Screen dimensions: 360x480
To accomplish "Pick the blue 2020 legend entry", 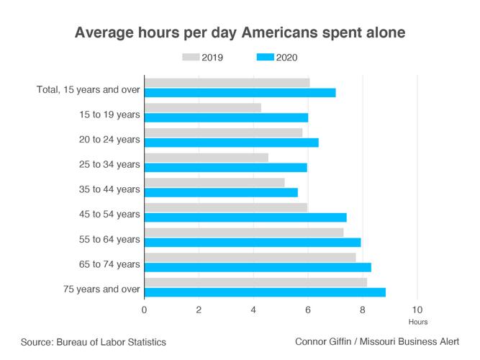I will pyautogui.click(x=276, y=58).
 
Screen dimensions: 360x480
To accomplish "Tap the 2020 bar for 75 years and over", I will pyautogui.click(x=265, y=292).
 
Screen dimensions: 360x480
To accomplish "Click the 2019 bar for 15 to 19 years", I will pyautogui.click(x=202, y=107).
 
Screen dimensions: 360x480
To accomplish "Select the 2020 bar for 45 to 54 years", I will pyautogui.click(x=245, y=217).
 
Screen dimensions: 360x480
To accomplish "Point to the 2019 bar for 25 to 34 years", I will pyautogui.click(x=206, y=157).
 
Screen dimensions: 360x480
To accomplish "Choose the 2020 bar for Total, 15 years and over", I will pyautogui.click(x=240, y=93).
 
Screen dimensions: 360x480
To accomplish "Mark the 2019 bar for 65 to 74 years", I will pyautogui.click(x=250, y=257).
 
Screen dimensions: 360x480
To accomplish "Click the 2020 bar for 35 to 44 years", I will pyautogui.click(x=221, y=192).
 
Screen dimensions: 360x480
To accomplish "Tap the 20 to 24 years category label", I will pyautogui.click(x=111, y=140).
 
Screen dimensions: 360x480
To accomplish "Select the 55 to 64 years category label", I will pyautogui.click(x=111, y=239).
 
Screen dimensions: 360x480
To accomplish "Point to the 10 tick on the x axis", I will pyautogui.click(x=417, y=310).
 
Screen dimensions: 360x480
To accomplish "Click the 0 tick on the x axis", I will pyautogui.click(x=145, y=310).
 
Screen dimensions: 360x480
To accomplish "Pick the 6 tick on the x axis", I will pyautogui.click(x=308, y=310).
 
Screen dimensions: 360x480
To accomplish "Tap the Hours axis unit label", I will pyautogui.click(x=417, y=322).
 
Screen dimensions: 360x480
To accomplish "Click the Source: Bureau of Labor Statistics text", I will pyautogui.click(x=94, y=343).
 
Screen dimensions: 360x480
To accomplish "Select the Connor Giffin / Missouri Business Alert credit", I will pyautogui.click(x=376, y=343).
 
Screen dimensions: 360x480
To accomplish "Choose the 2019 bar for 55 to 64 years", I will pyautogui.click(x=244, y=232).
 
